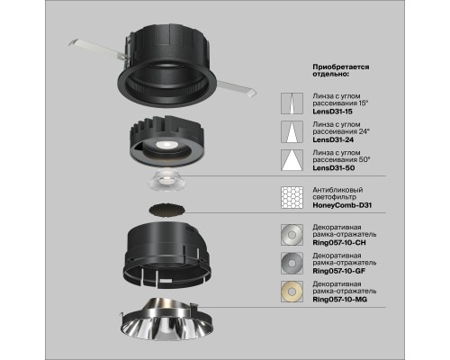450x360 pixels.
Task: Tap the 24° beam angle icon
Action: tap(291, 133)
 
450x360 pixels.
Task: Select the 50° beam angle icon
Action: tap(291, 163)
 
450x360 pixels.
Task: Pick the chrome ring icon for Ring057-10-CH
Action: tap(291, 231)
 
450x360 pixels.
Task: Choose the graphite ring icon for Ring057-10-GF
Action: tap(291, 261)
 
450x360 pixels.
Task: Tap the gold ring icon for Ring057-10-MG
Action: tap(291, 290)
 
